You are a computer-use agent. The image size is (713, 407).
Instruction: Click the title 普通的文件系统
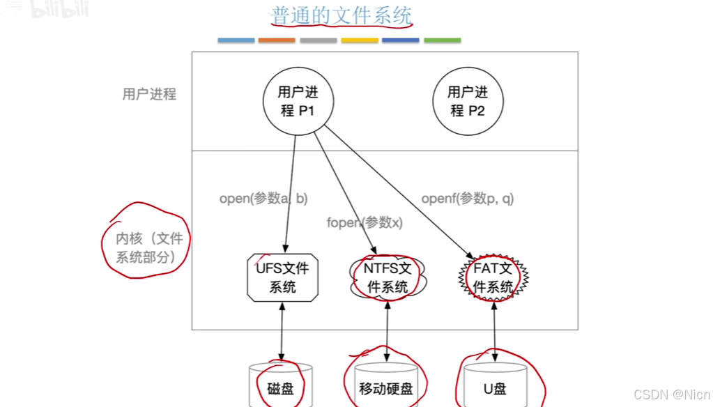[342, 16]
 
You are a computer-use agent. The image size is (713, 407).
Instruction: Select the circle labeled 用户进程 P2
[467, 101]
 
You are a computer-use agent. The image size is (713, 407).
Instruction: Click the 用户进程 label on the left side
[149, 94]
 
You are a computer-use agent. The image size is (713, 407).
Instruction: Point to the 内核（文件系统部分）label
[150, 247]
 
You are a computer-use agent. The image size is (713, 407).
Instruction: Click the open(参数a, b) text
[263, 199]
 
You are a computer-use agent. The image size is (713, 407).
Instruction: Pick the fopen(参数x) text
[365, 223]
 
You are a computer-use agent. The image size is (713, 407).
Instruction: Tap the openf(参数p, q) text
[468, 199]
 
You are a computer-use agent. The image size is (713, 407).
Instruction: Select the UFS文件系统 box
[282, 277]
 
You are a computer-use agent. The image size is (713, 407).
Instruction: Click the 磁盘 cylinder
[280, 385]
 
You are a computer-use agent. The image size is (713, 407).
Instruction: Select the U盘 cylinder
[494, 385]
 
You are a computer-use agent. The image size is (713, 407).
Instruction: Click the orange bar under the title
[277, 40]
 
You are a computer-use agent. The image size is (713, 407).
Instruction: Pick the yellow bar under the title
[360, 40]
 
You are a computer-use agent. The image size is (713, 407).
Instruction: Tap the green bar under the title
[442, 40]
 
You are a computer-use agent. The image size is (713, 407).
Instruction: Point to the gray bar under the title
[319, 40]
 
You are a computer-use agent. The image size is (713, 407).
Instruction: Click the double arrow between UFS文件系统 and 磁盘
[282, 332]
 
